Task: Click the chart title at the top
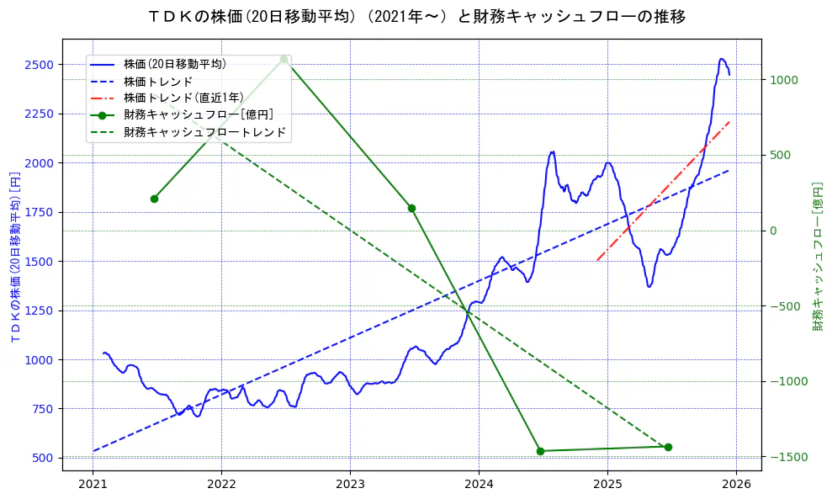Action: click(x=416, y=16)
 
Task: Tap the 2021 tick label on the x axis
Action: click(x=93, y=484)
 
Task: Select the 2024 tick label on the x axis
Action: click(x=479, y=484)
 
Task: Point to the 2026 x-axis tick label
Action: click(x=736, y=484)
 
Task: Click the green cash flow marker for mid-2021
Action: click(x=154, y=199)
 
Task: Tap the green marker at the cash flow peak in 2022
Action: click(x=284, y=60)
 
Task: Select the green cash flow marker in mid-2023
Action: click(x=411, y=208)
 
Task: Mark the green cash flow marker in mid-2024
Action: click(x=540, y=451)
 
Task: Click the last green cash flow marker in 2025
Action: click(x=668, y=447)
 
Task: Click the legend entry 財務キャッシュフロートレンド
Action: click(x=204, y=132)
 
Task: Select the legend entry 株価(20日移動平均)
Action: click(x=174, y=63)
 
